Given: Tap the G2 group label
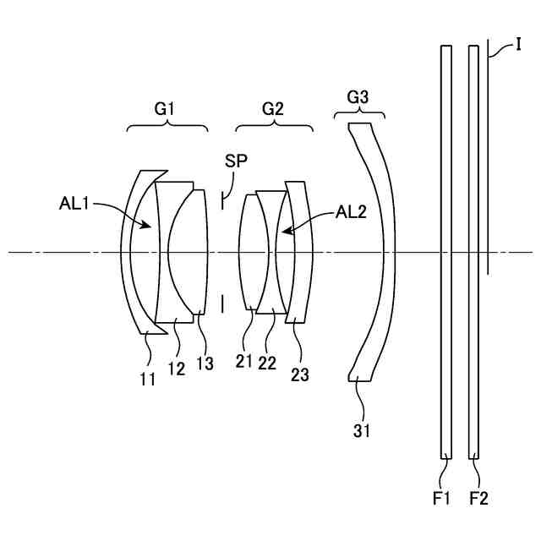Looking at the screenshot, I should tap(272, 108).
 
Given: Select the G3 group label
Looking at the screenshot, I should tap(358, 98).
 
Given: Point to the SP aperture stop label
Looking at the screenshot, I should tap(236, 160).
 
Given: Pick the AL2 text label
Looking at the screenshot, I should tap(351, 212).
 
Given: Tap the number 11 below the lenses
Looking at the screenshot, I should tap(148, 380).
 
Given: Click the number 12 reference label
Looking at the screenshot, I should tap(176, 369).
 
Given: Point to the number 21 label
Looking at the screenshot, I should tap(244, 361).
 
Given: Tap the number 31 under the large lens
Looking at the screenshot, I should tap(362, 431).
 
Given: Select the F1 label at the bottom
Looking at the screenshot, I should tap(441, 499).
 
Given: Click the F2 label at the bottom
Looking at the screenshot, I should tap(478, 499).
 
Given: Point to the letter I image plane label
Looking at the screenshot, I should tap(517, 43).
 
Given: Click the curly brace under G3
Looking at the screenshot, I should tap(365, 116).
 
